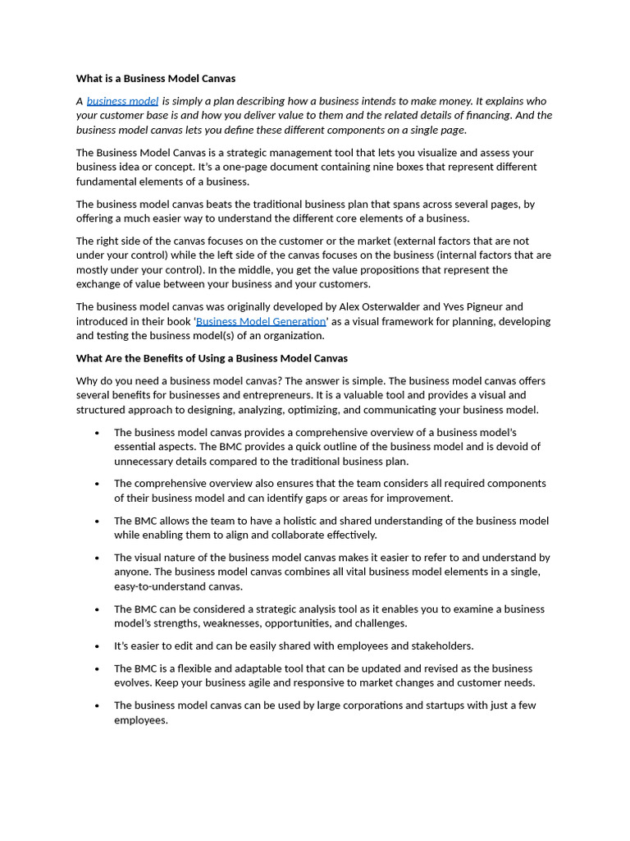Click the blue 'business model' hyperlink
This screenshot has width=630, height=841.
[x=122, y=101]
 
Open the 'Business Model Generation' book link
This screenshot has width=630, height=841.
[x=261, y=321]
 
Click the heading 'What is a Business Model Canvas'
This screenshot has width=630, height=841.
[x=156, y=79]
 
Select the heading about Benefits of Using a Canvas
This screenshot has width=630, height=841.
[x=212, y=358]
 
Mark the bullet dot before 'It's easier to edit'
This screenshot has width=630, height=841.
[x=97, y=647]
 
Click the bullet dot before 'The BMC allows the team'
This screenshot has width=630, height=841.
[x=97, y=522]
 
